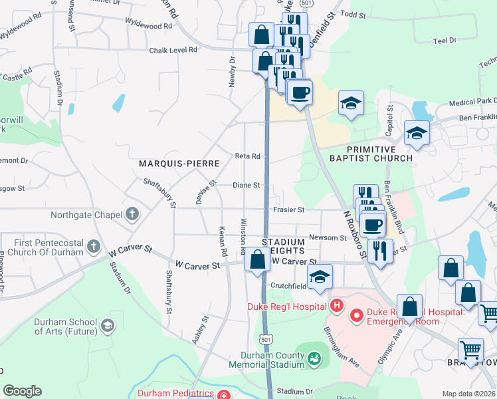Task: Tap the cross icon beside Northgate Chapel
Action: (x=132, y=214)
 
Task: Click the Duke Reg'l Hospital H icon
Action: (x=337, y=306)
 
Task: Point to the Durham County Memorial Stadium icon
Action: (x=315, y=360)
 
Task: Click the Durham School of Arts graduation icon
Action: (x=107, y=325)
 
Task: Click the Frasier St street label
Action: (x=288, y=210)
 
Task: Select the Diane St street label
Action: (x=247, y=186)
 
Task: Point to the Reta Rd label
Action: (x=247, y=156)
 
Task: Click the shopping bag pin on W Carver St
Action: (x=257, y=259)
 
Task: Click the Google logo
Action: (x=22, y=391)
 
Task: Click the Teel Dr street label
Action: (x=445, y=41)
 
